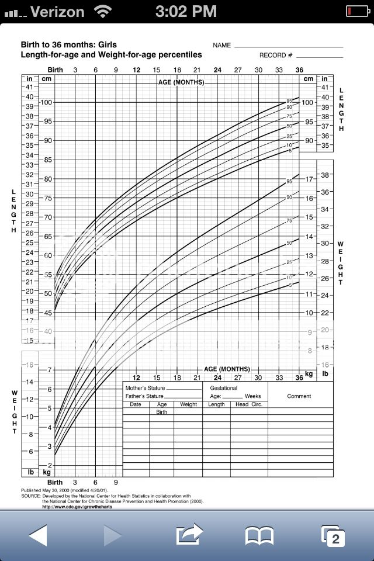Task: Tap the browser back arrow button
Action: click(38, 535)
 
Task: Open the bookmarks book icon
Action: click(259, 535)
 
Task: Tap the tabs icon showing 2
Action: click(333, 536)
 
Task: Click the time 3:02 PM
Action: click(187, 11)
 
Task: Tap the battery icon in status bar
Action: click(356, 11)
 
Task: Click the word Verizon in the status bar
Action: click(57, 11)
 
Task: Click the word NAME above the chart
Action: click(221, 45)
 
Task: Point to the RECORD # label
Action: click(276, 56)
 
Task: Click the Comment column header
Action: click(299, 396)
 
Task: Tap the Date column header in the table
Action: click(136, 404)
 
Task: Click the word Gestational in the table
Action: click(223, 388)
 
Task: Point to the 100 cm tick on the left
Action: click(46, 103)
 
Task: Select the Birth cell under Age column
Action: click(162, 412)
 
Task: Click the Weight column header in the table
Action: click(188, 404)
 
